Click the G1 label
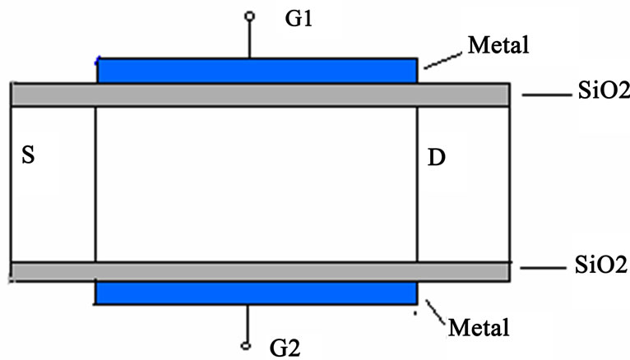(299, 18)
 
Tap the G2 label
(285, 348)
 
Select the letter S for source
(28, 155)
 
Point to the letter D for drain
(437, 157)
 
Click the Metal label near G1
(498, 45)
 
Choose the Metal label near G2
(479, 327)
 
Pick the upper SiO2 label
(604, 90)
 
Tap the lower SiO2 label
(601, 265)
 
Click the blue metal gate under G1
(257, 71)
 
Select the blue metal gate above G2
(257, 293)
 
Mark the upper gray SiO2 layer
(261, 95)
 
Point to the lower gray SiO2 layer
(261, 272)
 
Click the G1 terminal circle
(249, 16)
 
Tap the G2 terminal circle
(246, 345)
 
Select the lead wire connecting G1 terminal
(249, 39)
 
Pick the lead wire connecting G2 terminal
(247, 323)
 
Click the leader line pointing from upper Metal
(443, 61)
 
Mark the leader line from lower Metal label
(436, 312)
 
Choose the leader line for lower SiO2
(543, 268)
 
